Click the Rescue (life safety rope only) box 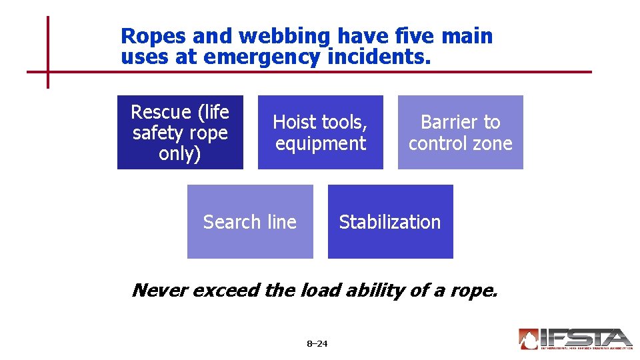pyautogui.click(x=180, y=132)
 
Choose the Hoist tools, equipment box pyautogui.click(x=320, y=132)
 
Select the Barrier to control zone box pyautogui.click(x=460, y=132)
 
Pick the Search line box pyautogui.click(x=250, y=221)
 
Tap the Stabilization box pyautogui.click(x=390, y=221)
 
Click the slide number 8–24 pyautogui.click(x=317, y=344)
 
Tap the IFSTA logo pyautogui.click(x=575, y=339)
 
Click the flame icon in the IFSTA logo pyautogui.click(x=529, y=339)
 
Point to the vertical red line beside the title pyautogui.click(x=48, y=52)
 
